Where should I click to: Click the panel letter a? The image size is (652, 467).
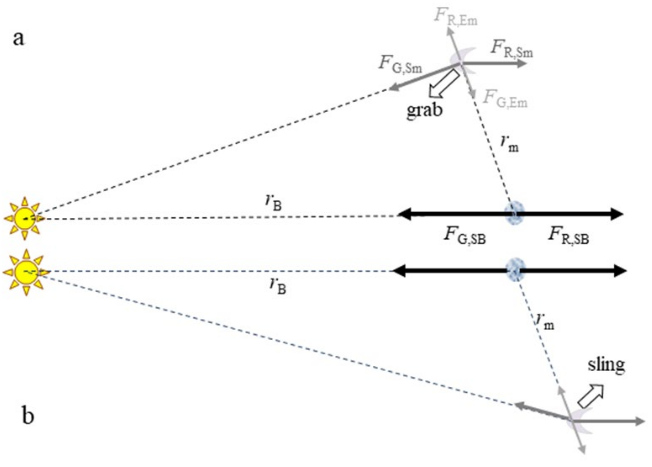18,39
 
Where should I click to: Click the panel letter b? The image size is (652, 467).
28,416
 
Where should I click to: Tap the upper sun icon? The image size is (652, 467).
24,218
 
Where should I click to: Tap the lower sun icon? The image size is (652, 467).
26,272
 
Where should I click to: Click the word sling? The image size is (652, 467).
606,366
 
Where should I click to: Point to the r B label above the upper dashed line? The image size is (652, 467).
273,202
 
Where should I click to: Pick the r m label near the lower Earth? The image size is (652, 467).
545,322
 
